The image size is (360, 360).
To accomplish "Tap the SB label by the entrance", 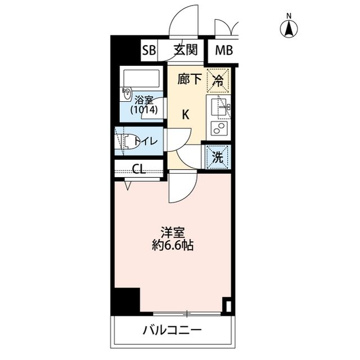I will (148, 50).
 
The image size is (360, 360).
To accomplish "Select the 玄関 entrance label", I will (184, 50).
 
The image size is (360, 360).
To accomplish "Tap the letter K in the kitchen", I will (185, 114).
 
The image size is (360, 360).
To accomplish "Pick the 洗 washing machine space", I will (218, 157).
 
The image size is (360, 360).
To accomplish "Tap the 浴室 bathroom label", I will (143, 100).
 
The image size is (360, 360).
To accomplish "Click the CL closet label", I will (139, 168).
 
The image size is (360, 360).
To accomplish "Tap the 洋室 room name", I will (172, 233).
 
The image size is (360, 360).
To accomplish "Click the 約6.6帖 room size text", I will (172, 246).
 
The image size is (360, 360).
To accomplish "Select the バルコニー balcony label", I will (172, 330).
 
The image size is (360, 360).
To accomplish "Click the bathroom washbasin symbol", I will (126, 94).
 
